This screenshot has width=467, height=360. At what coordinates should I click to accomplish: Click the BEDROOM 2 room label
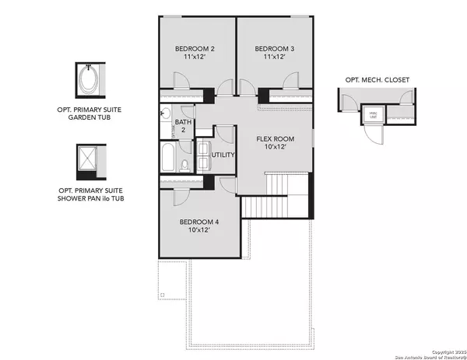[x=195, y=49]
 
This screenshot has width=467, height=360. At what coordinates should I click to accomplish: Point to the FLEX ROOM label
[x=276, y=138]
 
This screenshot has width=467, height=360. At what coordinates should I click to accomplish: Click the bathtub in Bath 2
[x=169, y=157]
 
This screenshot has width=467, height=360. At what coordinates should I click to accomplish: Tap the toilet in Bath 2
[x=184, y=164]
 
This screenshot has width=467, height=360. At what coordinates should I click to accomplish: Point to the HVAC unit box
[x=374, y=115]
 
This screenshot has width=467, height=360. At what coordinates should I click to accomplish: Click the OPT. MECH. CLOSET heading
[x=377, y=79]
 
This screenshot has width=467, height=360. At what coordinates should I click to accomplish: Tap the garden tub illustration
[x=87, y=80]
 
